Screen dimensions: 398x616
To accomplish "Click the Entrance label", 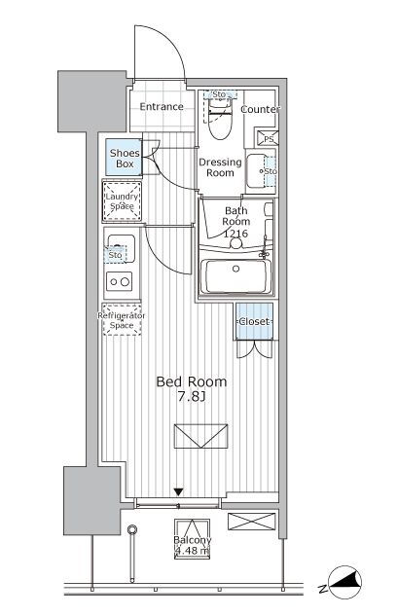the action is (x=162, y=106).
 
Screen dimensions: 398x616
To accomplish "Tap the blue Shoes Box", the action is (x=124, y=158).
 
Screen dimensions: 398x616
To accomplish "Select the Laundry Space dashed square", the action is (x=122, y=201).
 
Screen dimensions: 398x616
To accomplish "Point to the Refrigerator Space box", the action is (x=122, y=320).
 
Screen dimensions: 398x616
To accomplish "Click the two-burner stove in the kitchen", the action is (x=120, y=281).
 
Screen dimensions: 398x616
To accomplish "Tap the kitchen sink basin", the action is (x=122, y=248).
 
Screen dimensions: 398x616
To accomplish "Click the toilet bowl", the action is (x=220, y=119).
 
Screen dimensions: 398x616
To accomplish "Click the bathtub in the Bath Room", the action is (x=235, y=276).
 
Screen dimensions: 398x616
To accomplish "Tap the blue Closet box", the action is (x=254, y=321).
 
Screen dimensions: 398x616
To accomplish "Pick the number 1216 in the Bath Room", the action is (x=235, y=234).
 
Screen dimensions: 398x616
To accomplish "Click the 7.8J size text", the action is (x=192, y=397).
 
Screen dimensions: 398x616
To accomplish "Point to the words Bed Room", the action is (x=192, y=381).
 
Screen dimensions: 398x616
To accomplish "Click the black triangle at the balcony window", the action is (x=179, y=491).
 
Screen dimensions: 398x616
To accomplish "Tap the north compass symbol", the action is (x=344, y=583).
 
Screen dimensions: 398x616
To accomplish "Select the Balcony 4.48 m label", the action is (x=192, y=546).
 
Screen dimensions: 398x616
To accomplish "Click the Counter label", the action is (x=260, y=109).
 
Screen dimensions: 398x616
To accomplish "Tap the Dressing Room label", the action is (x=220, y=167).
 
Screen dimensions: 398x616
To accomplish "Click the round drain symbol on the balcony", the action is (x=132, y=530).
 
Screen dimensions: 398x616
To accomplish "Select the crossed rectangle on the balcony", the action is (x=252, y=522).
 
